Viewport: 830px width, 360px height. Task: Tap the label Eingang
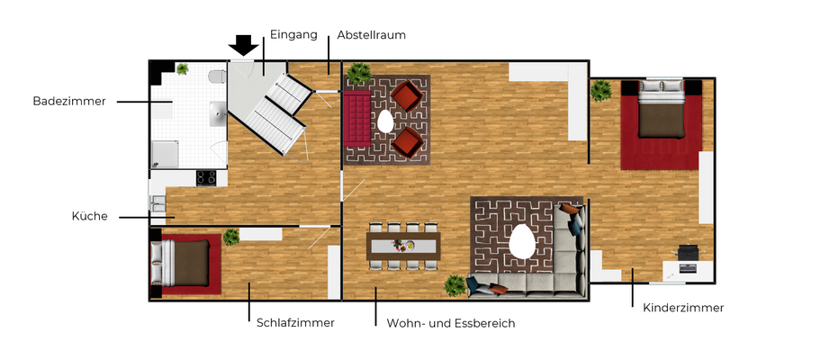tap(293, 35)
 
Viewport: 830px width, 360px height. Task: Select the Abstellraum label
tap(371, 36)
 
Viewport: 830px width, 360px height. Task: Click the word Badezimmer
tap(69, 102)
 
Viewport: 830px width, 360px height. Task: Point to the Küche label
tap(90, 217)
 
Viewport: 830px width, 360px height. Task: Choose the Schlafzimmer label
tap(295, 322)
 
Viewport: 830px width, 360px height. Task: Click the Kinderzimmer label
tap(682, 308)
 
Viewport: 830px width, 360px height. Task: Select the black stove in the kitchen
tap(206, 177)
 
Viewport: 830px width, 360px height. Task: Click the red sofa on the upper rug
tap(356, 119)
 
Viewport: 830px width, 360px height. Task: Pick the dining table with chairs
tap(404, 245)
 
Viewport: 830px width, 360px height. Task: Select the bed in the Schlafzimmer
tap(186, 263)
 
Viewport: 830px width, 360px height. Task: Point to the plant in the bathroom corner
tap(183, 69)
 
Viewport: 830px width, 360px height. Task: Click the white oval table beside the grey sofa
tap(521, 242)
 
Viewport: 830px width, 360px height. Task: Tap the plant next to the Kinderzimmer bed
tap(600, 89)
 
